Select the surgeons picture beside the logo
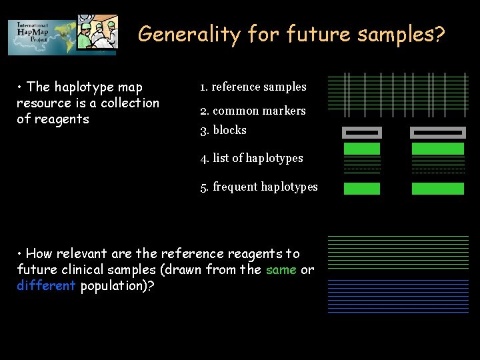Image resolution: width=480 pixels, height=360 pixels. (x=97, y=32)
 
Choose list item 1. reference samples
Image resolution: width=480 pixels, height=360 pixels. (x=253, y=87)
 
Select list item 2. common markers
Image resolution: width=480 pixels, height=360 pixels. (x=253, y=111)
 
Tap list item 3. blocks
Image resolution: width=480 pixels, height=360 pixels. (x=223, y=130)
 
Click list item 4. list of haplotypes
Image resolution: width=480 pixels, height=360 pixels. (x=251, y=158)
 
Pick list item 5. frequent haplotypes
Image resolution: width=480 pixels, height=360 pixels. (x=259, y=187)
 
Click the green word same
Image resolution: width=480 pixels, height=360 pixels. (x=281, y=270)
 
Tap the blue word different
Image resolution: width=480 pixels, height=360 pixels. (x=46, y=286)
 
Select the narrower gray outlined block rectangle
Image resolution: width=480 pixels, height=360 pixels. (x=361, y=132)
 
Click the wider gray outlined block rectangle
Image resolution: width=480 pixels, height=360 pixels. (x=437, y=132)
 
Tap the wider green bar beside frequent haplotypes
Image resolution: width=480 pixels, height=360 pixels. (x=437, y=189)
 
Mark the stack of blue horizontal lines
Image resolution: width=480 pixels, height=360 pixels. (x=398, y=295)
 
